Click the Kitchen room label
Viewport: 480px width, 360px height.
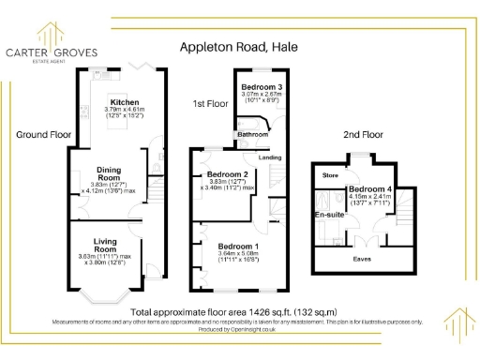[x=125, y=102]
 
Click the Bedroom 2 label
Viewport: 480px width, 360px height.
[x=227, y=174]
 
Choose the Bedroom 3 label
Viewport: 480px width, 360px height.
[x=248, y=86]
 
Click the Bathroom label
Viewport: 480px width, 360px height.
[x=251, y=135]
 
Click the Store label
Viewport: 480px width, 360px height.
[x=330, y=174]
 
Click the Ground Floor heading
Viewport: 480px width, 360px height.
[x=43, y=135]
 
